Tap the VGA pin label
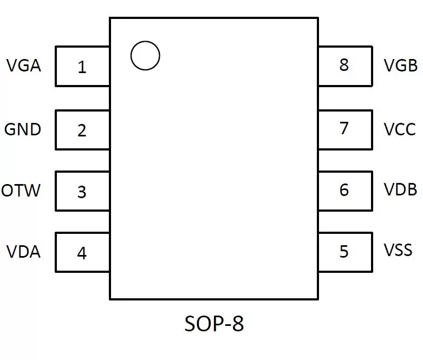pos(24,66)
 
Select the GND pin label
pos(23,129)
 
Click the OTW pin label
pos(21,191)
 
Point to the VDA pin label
pos(23,252)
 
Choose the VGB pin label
pos(401,66)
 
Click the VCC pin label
pos(400,129)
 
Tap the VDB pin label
pos(401,189)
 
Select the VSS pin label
pos(398,250)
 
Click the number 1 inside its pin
pos(82,67)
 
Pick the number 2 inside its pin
pos(82,130)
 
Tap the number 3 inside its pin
pos(82,192)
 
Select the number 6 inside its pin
pos(344,189)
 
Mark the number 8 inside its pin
pos(344,65)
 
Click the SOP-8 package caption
pos(214,323)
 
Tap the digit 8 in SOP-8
pos(238,323)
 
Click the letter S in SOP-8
pos(190,323)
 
